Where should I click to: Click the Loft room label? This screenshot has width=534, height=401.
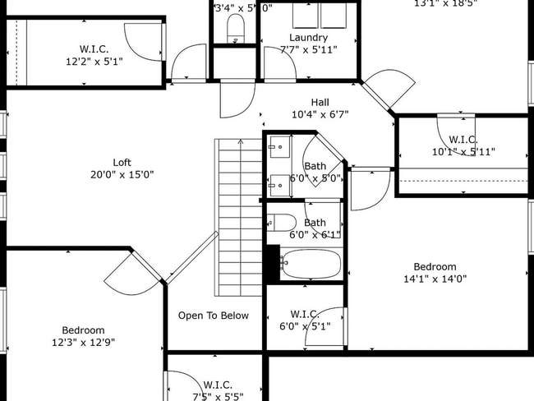coord(122,162)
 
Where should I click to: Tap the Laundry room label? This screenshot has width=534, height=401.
coord(308,38)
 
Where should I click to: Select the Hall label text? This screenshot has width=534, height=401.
coord(320,102)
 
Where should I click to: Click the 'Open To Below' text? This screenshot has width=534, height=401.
coord(213,316)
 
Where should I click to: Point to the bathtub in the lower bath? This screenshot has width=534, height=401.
coord(310,265)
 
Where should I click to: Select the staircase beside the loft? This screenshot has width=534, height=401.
coord(239,218)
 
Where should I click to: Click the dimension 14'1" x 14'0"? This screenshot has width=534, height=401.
coord(435,279)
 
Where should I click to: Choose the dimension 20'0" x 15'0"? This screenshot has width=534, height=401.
coord(122,174)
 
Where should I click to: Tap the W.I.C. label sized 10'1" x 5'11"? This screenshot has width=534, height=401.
coord(464,140)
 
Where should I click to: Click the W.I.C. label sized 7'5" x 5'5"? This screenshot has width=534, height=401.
coord(218,384)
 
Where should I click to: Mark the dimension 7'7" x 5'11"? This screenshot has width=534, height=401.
coord(308,50)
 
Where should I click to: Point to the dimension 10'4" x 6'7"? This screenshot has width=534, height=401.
coord(320,114)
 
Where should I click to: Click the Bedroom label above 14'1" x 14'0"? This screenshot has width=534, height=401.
coord(435,266)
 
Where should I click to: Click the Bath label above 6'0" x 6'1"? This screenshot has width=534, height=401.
coord(315,223)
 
